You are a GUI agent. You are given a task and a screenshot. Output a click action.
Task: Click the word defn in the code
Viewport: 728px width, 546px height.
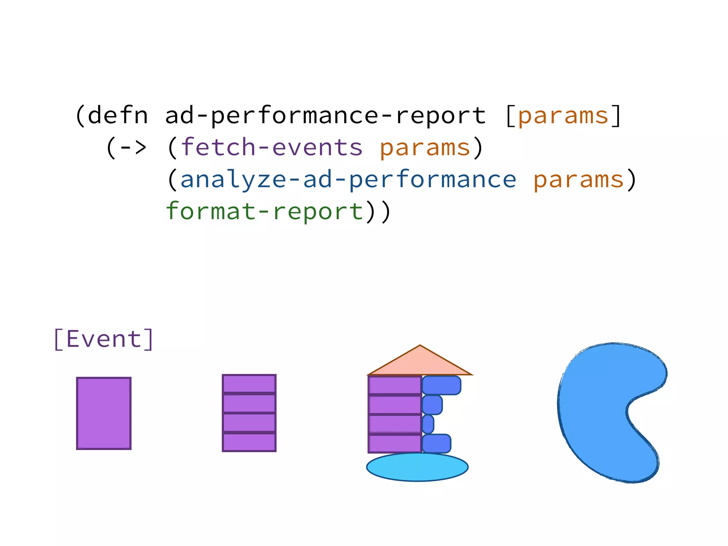pyautogui.click(x=117, y=116)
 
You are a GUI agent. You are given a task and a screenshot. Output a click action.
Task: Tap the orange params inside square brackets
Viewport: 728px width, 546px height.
pyautogui.click(x=563, y=116)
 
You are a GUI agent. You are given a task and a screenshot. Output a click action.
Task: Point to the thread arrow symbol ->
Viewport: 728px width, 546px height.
pyautogui.click(x=133, y=147)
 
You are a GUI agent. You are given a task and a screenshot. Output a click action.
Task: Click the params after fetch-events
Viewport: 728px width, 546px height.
pyautogui.click(x=425, y=148)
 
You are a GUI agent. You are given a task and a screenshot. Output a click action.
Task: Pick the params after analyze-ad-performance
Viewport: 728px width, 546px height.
pyautogui.click(x=579, y=180)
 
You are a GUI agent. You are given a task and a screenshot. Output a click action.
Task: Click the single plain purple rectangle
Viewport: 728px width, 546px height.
pyautogui.click(x=104, y=413)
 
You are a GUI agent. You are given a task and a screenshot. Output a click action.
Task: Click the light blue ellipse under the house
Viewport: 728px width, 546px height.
pyautogui.click(x=417, y=467)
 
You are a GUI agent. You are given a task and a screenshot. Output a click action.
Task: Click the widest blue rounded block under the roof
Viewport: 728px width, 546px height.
pyautogui.click(x=441, y=385)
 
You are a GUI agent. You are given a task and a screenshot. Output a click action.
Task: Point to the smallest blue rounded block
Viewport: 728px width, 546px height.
pyautogui.click(x=428, y=424)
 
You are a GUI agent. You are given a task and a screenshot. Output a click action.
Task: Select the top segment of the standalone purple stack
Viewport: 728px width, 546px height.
pyautogui.click(x=249, y=384)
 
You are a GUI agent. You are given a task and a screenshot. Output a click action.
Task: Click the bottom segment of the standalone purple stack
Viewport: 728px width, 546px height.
pyautogui.click(x=249, y=442)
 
